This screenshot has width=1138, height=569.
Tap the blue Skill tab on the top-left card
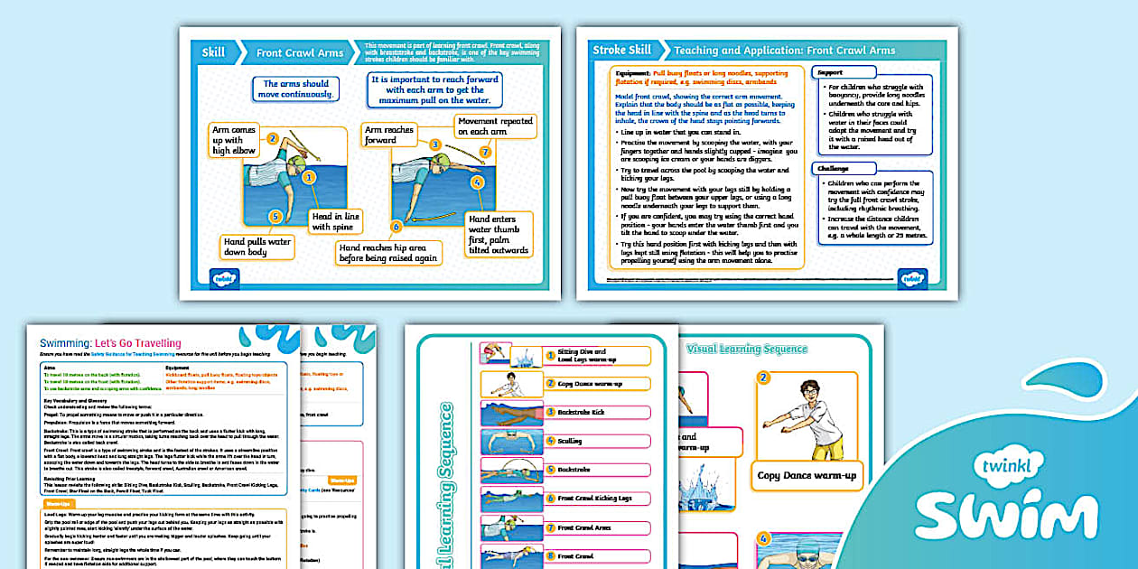pyautogui.click(x=213, y=52)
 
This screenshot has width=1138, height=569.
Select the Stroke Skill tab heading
pyautogui.click(x=621, y=50)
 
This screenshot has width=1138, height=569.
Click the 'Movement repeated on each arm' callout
pyautogui.click(x=494, y=126)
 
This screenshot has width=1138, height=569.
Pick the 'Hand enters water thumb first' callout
pyautogui.click(x=498, y=234)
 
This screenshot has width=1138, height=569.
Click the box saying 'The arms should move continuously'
pyautogui.click(x=296, y=89)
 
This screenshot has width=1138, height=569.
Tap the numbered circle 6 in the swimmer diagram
pyautogui.click(x=396, y=228)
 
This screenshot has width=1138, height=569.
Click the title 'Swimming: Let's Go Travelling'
pyautogui.click(x=110, y=343)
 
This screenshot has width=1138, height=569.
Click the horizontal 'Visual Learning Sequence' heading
pyautogui.click(x=746, y=349)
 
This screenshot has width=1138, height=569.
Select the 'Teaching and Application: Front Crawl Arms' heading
pyautogui.click(x=784, y=50)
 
